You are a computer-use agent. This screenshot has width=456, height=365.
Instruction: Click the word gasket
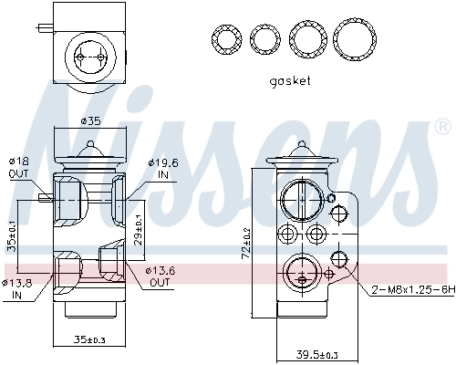pos(290,81)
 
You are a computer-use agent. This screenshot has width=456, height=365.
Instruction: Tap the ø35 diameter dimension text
pos(89,120)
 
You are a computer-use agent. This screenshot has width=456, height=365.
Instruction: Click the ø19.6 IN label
pos(160,167)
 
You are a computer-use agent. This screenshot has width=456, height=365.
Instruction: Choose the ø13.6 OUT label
pos(160,276)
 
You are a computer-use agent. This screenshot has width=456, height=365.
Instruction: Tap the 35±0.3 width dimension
pos(89,340)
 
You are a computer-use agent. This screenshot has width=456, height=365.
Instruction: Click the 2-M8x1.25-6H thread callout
pos(410,290)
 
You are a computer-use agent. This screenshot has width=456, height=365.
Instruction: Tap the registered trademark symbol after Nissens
pos(443,125)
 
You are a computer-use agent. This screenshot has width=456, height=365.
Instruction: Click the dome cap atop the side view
pos(301,155)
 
